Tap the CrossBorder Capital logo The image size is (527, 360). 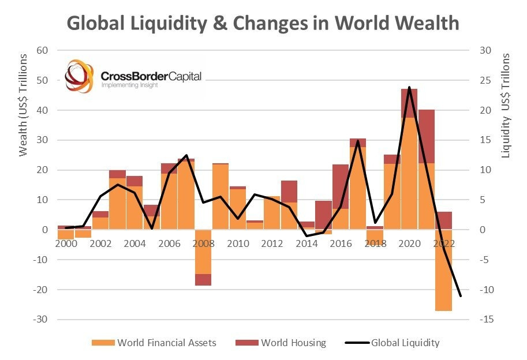point(133,76)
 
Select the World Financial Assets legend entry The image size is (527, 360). point(154,343)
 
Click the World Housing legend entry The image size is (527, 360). point(281,343)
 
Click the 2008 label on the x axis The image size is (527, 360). point(203,243)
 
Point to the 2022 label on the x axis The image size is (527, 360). point(443,243)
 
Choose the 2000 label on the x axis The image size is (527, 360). point(66,243)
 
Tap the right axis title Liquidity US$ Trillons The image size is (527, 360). point(506,106)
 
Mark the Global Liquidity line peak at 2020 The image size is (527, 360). point(409,88)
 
